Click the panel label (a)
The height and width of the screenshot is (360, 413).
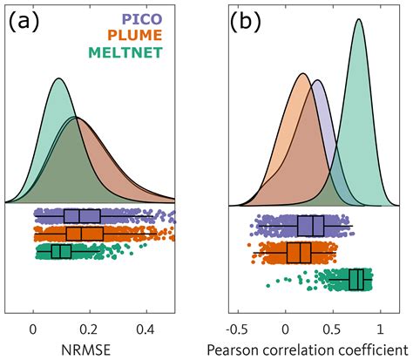coord(27,21)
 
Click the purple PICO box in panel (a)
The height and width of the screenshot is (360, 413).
coord(83,216)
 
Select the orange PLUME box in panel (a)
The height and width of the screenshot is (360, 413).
coord(85,234)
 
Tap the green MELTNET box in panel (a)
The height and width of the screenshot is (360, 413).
coord(61,251)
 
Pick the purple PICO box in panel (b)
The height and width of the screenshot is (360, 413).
coord(310,226)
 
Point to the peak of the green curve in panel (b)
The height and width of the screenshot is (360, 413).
coord(358,20)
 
